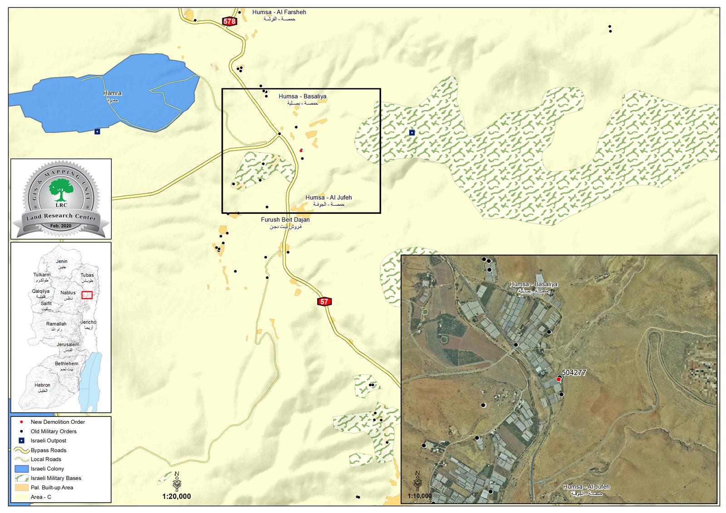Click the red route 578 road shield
point(230,21)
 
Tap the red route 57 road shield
point(324,302)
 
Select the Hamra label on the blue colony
point(113,93)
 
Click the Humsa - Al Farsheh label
point(279,12)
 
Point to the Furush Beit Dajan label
point(285,220)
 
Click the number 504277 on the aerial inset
point(574,373)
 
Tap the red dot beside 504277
point(559,379)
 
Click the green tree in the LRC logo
point(61,189)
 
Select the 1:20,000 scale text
point(177,496)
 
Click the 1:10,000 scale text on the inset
point(420,496)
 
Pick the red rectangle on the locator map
point(87,295)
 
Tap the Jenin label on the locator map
point(62,261)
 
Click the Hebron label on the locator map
point(43,385)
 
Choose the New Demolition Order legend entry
point(58,422)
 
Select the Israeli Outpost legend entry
point(48,440)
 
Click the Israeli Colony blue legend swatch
point(21,469)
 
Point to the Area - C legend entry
point(41,497)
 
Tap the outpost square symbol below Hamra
point(97,131)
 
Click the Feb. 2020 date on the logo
point(61,226)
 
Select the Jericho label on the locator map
point(88,322)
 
